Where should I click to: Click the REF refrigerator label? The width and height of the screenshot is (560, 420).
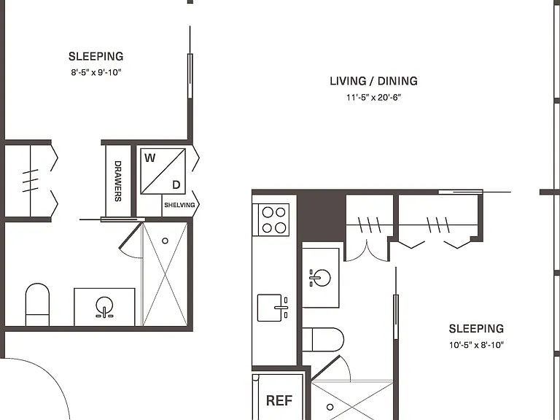click(279, 401)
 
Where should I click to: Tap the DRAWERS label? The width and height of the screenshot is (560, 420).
click(118, 181)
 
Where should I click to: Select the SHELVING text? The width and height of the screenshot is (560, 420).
click(179, 205)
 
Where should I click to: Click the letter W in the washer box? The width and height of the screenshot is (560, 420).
click(150, 157)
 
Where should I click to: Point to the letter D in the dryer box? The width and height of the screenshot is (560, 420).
click(176, 184)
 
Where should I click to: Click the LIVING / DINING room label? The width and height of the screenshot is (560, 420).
click(373, 81)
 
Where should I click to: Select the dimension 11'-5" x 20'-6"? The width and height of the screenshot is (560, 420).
click(373, 97)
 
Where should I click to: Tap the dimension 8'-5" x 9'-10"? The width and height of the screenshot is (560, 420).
click(96, 72)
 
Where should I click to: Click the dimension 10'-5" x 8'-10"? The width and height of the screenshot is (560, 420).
click(476, 345)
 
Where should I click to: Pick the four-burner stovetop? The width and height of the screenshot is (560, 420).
click(271, 220)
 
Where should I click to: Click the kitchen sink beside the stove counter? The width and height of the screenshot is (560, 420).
click(273, 308)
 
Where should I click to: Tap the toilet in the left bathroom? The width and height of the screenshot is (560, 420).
click(37, 304)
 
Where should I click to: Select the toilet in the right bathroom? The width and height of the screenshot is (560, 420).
click(323, 340)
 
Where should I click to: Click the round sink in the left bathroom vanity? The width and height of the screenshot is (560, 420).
click(104, 307)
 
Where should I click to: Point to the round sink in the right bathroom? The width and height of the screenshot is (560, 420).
click(320, 278)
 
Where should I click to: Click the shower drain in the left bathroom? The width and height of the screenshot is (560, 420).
click(165, 241)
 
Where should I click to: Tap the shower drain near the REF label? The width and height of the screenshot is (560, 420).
click(330, 407)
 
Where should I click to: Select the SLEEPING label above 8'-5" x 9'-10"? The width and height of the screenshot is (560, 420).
click(96, 56)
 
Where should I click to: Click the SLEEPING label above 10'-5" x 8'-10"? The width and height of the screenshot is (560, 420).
click(476, 329)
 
